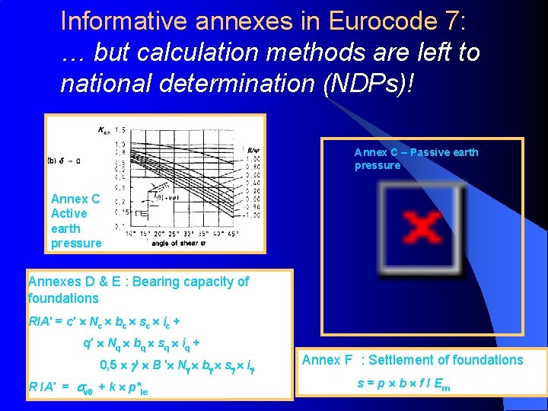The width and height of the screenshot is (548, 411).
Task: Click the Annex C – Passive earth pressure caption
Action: click(x=416, y=158)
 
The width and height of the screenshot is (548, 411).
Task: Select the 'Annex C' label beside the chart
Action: click(x=75, y=199)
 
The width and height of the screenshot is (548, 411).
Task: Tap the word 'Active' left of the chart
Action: click(x=68, y=213)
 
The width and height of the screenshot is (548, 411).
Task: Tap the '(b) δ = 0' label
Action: click(x=66, y=160)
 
